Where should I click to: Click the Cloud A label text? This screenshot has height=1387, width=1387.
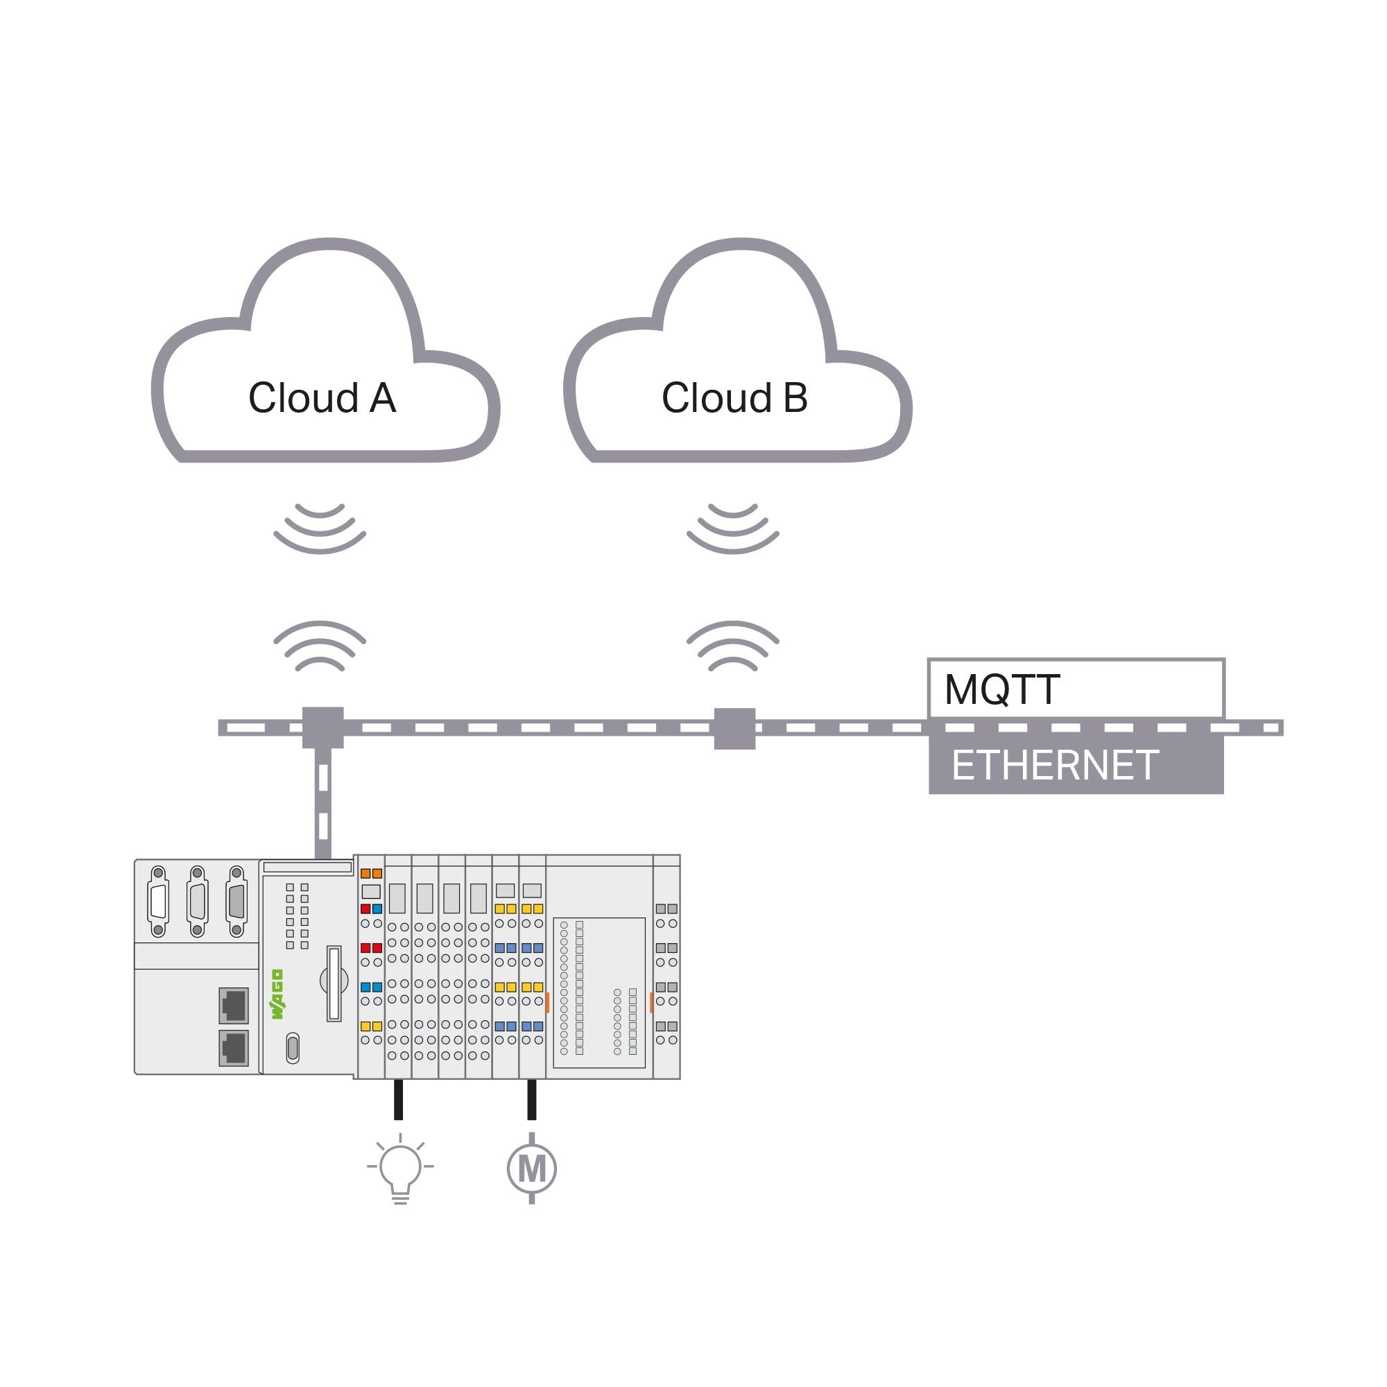(x=322, y=397)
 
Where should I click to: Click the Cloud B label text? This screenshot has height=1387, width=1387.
(x=734, y=397)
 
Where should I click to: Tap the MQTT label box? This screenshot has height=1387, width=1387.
(x=1076, y=689)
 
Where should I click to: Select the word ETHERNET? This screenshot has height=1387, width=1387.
(x=1054, y=766)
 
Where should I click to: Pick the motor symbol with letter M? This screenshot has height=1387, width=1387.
(x=531, y=1169)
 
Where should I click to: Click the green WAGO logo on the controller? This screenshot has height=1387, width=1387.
(x=277, y=994)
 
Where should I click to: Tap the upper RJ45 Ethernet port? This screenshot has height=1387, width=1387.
(x=233, y=1004)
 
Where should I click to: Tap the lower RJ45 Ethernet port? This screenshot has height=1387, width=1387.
(x=233, y=1048)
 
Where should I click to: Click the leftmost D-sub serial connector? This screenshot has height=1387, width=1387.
(x=158, y=902)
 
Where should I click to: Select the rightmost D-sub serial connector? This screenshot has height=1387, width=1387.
(x=236, y=902)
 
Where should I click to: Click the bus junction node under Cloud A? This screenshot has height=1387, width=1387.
(x=323, y=727)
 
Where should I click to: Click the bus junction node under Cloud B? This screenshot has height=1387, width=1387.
(x=734, y=728)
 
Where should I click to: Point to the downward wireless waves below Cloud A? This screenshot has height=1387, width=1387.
(x=320, y=528)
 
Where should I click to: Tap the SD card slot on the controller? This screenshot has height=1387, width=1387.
(x=334, y=983)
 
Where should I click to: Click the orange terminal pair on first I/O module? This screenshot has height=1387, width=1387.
(x=371, y=874)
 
